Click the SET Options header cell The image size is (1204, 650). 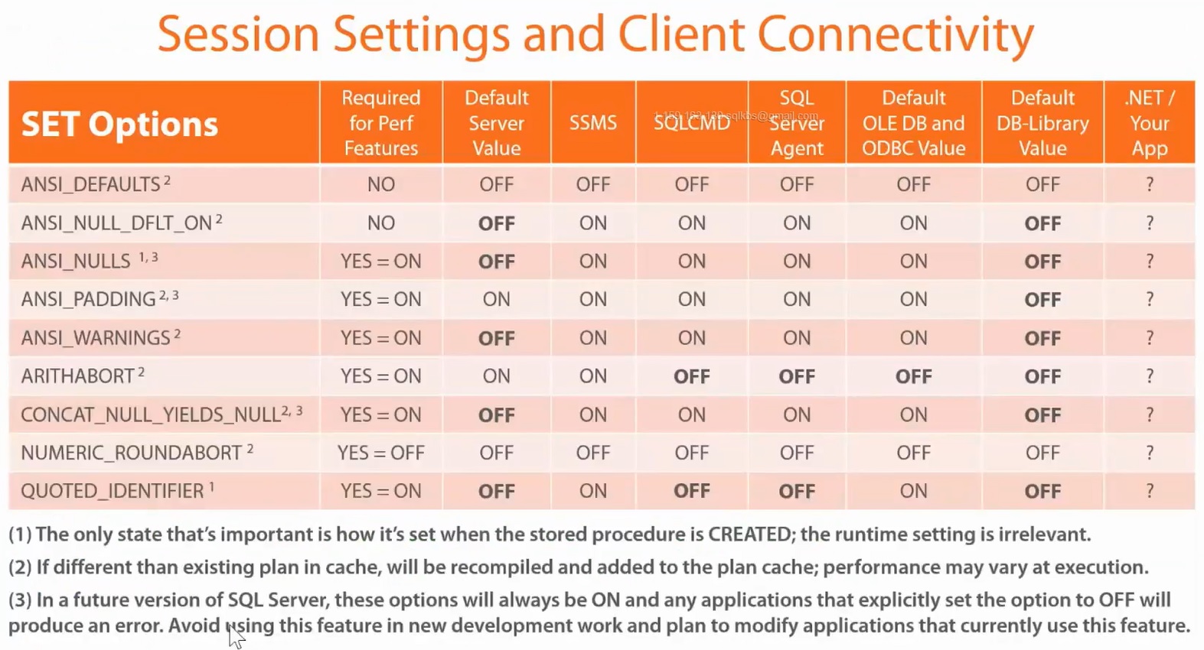click(120, 124)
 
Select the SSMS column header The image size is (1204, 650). click(592, 123)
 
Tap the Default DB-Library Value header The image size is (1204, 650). click(1042, 123)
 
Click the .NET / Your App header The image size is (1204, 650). click(1149, 123)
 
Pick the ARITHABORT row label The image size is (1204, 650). click(78, 376)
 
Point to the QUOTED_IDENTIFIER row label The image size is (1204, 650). click(113, 491)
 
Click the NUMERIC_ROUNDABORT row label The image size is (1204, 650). click(132, 453)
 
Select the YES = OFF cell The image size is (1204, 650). click(380, 453)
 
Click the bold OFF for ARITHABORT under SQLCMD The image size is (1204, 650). click(691, 376)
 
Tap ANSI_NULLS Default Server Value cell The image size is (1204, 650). click(496, 262)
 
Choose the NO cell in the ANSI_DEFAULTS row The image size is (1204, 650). click(380, 184)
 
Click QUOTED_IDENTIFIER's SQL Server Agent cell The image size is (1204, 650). click(796, 491)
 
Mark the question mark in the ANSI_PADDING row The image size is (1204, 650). click(1149, 300)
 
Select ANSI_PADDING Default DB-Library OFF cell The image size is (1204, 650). click(1042, 300)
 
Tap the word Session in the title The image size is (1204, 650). click(238, 35)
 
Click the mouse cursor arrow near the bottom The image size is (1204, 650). click(235, 634)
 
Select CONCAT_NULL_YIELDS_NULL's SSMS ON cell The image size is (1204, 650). click(592, 414)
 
